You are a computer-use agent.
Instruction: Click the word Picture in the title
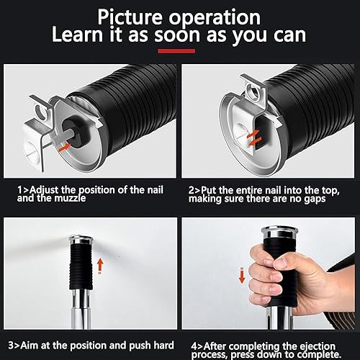tap(130, 17)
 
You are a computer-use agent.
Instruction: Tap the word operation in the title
tap(215, 18)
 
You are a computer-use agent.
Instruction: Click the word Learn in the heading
tap(77, 35)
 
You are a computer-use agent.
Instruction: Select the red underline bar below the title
tap(176, 51)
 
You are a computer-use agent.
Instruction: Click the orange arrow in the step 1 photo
tap(65, 147)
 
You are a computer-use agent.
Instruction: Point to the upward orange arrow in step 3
tap(100, 266)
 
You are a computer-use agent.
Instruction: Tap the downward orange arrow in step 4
tap(242, 275)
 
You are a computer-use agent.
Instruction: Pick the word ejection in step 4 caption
tap(318, 346)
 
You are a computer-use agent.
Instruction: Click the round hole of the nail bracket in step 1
tap(41, 111)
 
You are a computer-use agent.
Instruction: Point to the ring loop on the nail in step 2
tap(253, 92)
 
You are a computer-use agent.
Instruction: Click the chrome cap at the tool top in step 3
tap(81, 240)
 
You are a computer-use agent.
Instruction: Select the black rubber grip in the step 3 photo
tap(81, 266)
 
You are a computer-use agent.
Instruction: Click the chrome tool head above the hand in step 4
tap(279, 233)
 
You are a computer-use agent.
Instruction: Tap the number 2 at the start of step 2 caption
tap(192, 190)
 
